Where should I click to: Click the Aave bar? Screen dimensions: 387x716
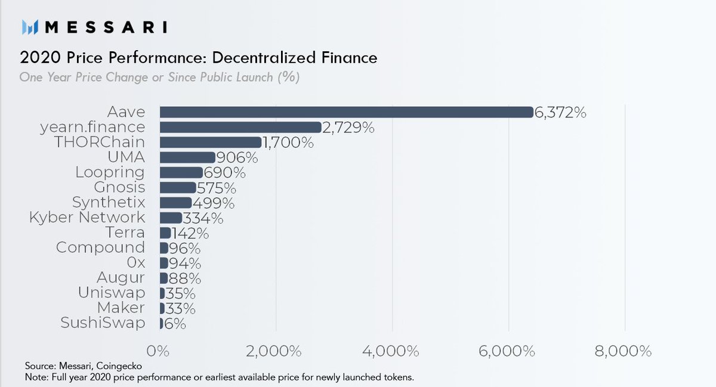[346, 112]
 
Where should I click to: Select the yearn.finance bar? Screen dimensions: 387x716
[240, 128]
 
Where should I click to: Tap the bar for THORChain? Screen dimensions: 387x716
[211, 143]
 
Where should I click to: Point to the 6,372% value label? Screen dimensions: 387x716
[560, 113]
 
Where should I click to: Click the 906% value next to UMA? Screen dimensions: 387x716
[237, 158]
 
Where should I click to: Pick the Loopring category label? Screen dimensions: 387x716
[110, 173]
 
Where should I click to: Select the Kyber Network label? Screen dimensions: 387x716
[87, 217]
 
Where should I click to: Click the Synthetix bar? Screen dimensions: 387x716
[176, 203]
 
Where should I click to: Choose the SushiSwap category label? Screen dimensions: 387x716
[103, 323]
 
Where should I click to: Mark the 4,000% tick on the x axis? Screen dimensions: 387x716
[392, 351]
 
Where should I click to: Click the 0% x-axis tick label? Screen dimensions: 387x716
[159, 351]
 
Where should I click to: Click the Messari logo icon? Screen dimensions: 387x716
[30, 27]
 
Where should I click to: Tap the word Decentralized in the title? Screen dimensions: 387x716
[261, 58]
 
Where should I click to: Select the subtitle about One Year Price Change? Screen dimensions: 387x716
[159, 78]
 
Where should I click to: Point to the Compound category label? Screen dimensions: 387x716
[100, 247]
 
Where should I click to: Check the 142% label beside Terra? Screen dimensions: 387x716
[190, 233]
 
